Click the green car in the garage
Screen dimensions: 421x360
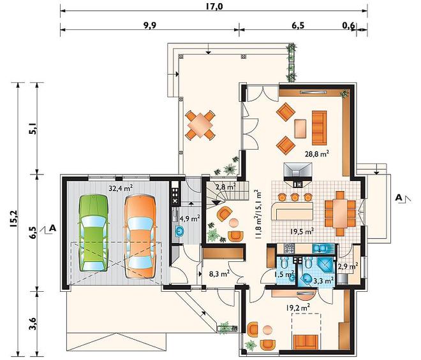[x=94, y=233]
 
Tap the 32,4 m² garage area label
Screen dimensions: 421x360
[x=121, y=188]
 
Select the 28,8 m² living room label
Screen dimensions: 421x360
[x=317, y=154]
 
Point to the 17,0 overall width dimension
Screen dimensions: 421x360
[x=214, y=6]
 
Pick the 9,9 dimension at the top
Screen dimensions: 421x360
[x=150, y=25]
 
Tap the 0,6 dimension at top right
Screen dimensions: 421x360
[x=349, y=25]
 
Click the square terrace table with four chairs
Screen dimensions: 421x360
[x=200, y=125]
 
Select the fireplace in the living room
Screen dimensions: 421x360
[x=298, y=175]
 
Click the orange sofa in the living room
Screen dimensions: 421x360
[x=319, y=127]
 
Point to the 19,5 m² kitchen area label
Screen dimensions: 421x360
[x=302, y=231]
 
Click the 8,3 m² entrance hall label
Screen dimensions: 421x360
[x=219, y=273]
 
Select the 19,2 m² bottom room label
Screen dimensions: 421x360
[x=298, y=308]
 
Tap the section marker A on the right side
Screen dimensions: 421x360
[x=399, y=198]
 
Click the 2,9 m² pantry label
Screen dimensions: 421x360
[x=348, y=266]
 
